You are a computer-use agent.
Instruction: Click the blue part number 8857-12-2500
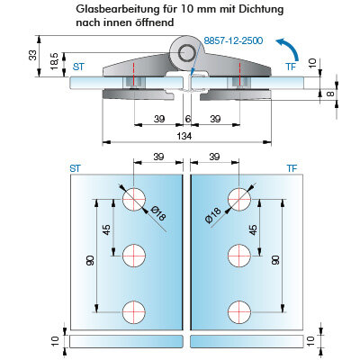tap(233, 40)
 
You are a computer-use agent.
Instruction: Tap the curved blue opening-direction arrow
tap(291, 47)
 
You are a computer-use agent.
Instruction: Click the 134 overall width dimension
tap(184, 136)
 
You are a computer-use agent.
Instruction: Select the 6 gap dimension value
tap(188, 119)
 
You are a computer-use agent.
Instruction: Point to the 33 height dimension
tap(32, 56)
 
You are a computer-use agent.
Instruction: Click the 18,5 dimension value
tap(55, 62)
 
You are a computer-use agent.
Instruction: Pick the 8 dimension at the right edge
tap(329, 94)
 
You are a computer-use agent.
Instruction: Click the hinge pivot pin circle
tap(186, 53)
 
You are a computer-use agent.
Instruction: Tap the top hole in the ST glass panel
tap(134, 199)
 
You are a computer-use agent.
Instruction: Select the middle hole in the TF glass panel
tap(239, 256)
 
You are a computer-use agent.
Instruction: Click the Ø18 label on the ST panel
tap(158, 213)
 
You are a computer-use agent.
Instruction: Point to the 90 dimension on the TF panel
tap(276, 260)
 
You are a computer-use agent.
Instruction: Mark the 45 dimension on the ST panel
tap(107, 229)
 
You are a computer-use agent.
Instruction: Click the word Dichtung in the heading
tap(261, 9)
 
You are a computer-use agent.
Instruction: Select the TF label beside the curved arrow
tap(291, 67)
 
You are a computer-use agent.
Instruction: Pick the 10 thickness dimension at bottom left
tap(54, 341)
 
